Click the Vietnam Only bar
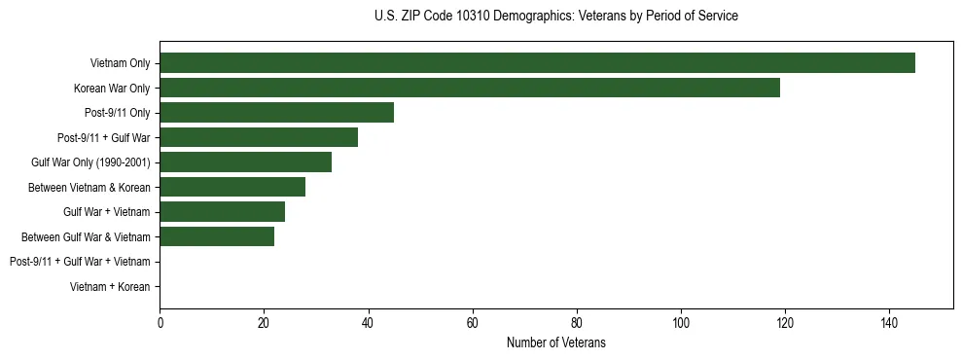click(537, 63)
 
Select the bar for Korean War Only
click(470, 88)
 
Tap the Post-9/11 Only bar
click(276, 113)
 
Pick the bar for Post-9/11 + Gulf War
click(259, 137)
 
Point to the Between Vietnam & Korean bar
click(232, 187)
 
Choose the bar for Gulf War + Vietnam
click(222, 211)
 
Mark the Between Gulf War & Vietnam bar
click(217, 236)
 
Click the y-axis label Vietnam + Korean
click(110, 286)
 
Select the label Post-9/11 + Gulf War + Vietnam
click(80, 262)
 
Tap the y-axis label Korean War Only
click(112, 89)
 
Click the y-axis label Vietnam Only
click(120, 63)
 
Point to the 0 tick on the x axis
click(160, 322)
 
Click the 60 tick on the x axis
click(472, 322)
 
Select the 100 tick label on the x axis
click(680, 322)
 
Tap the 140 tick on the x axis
click(888, 322)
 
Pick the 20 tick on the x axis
click(264, 322)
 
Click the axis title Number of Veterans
click(556, 342)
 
